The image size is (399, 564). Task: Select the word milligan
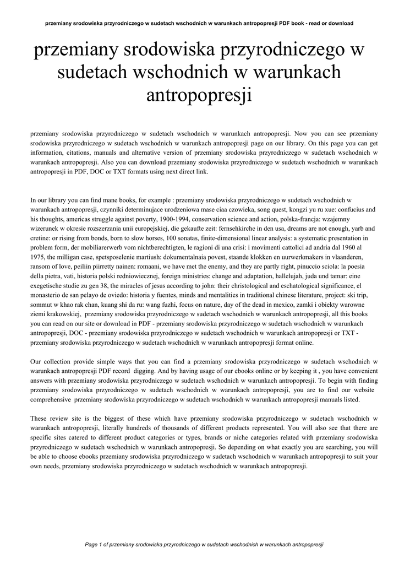(x=72, y=256)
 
